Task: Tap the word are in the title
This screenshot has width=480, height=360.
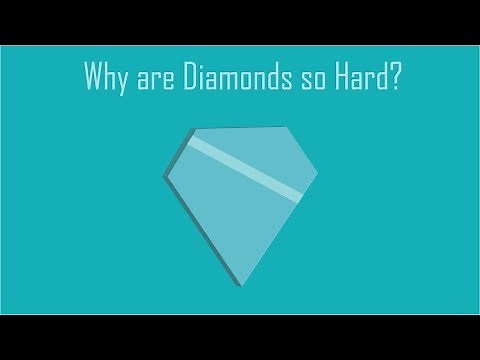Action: point(158,79)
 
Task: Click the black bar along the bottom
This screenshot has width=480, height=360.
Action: point(240,337)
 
